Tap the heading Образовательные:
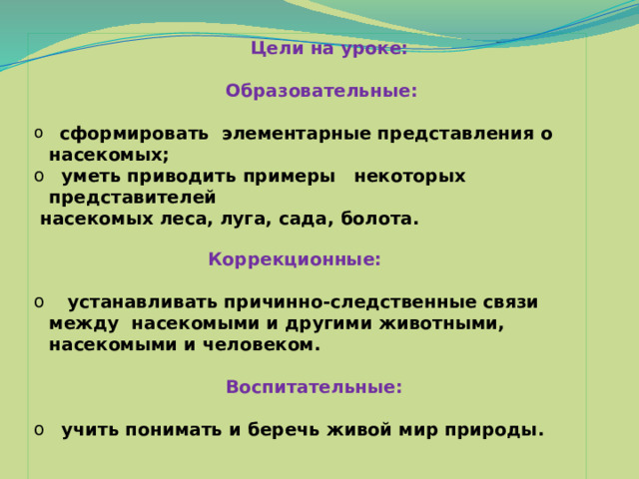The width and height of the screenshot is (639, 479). pos(321,91)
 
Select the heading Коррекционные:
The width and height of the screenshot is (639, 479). pos(295,259)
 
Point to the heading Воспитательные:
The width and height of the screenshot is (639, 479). pos(315,386)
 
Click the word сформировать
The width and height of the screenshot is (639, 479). pos(134,134)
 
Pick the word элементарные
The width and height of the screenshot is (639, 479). pos(297,134)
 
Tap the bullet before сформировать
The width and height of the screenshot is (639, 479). pos(39,133)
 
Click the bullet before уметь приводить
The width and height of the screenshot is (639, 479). pos(39,176)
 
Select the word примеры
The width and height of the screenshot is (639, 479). pos(290,177)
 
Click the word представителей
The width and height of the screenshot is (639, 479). pos(133,198)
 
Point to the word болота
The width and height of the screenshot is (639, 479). pos(379,219)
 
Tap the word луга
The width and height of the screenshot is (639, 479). pos(246,220)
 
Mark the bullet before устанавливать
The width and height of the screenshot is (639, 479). pos(39,301)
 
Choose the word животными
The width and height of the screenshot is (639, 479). pos(441,323)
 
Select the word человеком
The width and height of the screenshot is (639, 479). pos(262,345)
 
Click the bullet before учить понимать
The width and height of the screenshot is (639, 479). pos(39,429)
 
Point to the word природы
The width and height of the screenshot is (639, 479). pos(494,430)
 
